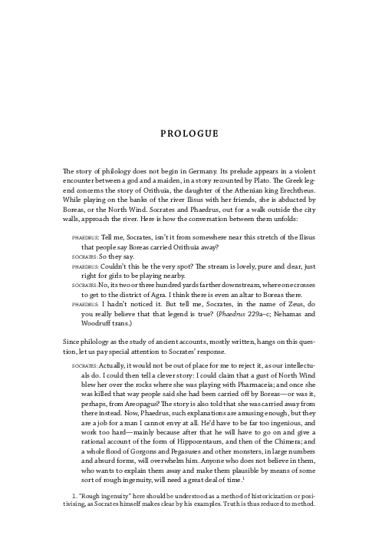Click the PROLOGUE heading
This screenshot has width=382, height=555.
(x=190, y=134)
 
